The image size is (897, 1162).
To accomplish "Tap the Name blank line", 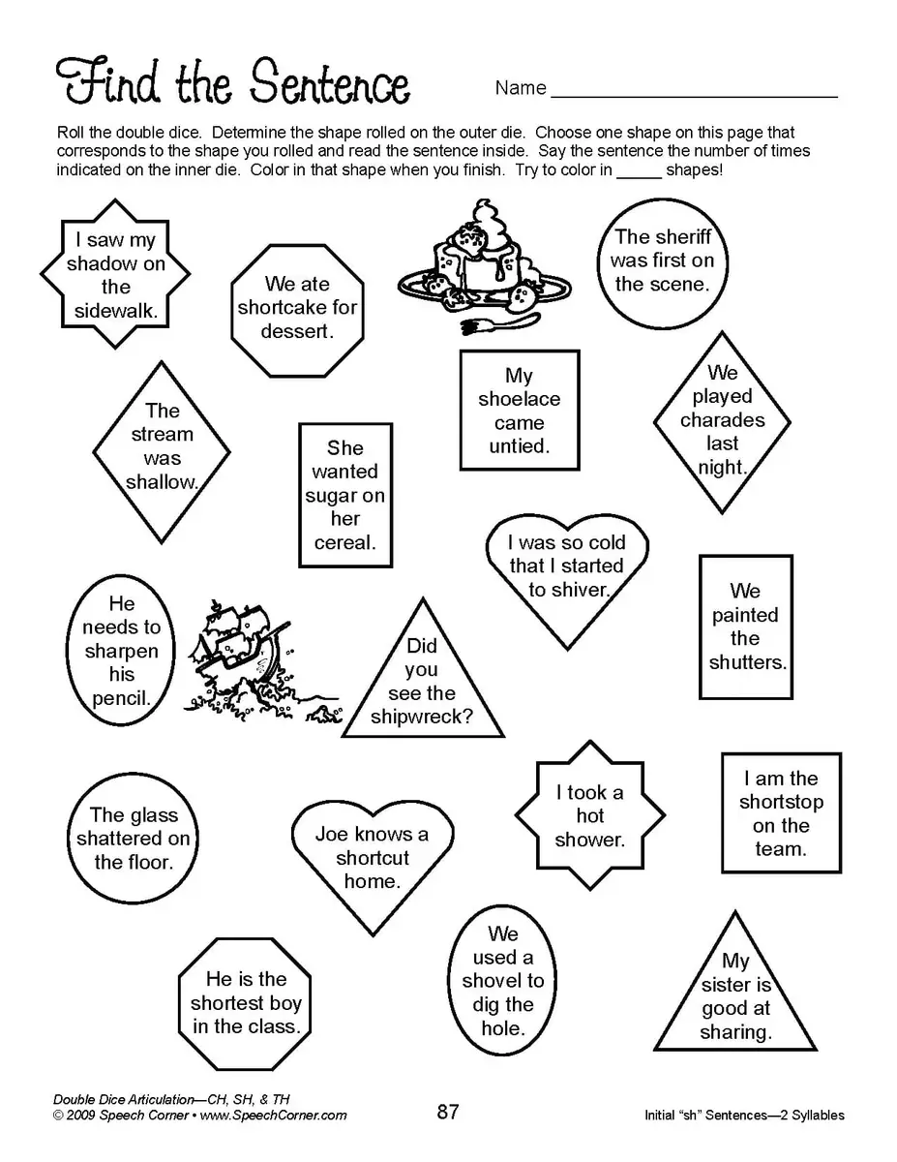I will [x=694, y=95].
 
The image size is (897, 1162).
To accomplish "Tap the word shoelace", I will [x=519, y=399].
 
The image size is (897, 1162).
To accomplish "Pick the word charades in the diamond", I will [x=722, y=420].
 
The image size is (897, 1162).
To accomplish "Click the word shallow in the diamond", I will [x=162, y=482].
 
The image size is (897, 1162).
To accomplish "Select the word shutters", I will [x=747, y=662].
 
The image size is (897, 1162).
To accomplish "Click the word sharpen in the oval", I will [x=121, y=651].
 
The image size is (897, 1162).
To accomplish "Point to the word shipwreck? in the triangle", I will [x=422, y=718].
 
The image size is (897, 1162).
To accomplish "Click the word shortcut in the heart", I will [x=373, y=858].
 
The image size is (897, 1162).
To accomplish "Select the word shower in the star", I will [x=589, y=840].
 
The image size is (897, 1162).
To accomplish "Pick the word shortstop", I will [x=781, y=802].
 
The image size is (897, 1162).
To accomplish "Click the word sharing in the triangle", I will [x=735, y=1032].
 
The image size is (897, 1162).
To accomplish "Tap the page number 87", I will [x=448, y=1112].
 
